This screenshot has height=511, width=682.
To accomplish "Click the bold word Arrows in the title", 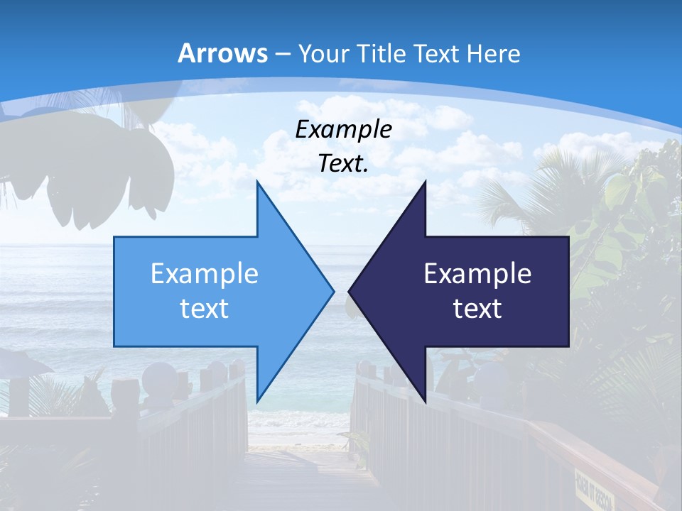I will (x=222, y=53).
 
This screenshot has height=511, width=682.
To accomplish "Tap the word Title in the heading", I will (x=384, y=53).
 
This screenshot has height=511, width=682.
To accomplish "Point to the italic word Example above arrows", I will (x=343, y=129).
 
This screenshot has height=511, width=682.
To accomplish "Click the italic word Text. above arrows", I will (x=343, y=164).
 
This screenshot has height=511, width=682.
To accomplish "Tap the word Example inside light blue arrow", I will (x=204, y=273).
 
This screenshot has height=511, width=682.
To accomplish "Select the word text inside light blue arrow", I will (x=204, y=308).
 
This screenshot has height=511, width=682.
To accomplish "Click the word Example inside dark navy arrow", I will (x=477, y=273).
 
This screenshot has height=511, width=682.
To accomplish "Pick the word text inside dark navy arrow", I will (x=477, y=308).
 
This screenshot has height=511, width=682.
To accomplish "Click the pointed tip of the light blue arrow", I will (x=333, y=291).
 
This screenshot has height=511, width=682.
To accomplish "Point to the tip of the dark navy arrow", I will (x=349, y=291).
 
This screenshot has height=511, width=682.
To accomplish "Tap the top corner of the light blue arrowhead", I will (x=257, y=182).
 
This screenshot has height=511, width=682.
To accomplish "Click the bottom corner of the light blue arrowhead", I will (x=257, y=402).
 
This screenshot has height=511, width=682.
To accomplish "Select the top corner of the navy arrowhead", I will (x=425, y=182).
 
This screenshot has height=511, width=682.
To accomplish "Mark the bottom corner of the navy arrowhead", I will (x=425, y=402).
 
